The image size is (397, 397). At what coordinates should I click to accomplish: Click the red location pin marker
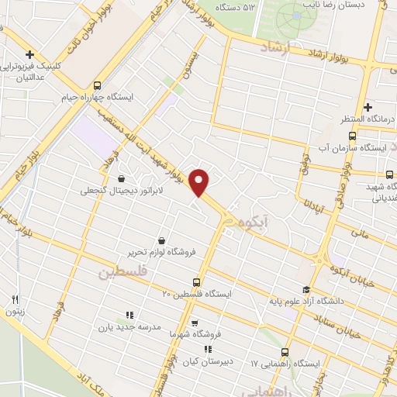(200, 182)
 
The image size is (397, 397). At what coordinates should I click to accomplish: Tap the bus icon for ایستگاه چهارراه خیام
(97, 85)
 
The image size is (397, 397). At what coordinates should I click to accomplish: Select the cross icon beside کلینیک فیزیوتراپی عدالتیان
(29, 54)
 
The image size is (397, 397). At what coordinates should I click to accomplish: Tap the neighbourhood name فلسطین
(121, 273)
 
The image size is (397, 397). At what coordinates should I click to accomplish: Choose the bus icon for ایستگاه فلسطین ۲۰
(197, 282)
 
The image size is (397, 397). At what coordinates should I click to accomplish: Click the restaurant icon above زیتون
(15, 299)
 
